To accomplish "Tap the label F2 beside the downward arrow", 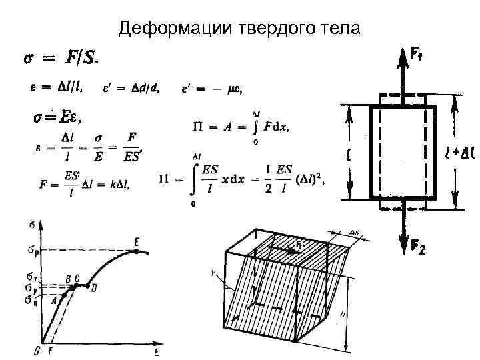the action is click(418, 249).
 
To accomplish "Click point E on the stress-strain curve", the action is click(136, 251).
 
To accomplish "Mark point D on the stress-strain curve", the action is click(87, 285).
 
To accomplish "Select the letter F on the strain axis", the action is click(51, 349).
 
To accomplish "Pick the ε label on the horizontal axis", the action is click(158, 349).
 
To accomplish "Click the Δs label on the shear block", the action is click(354, 233).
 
